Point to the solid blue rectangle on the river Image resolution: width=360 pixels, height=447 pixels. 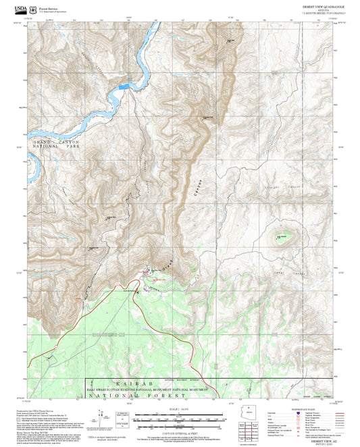124,86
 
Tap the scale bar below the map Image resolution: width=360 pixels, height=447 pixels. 179,418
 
